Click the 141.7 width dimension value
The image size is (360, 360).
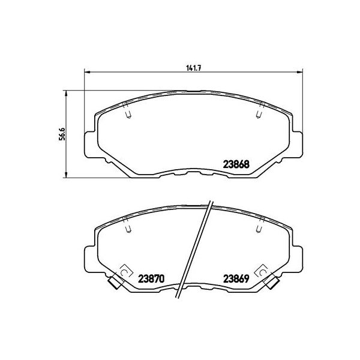point(193,67)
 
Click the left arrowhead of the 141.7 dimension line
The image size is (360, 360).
point(86,73)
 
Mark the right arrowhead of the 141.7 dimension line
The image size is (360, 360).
point(299,73)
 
